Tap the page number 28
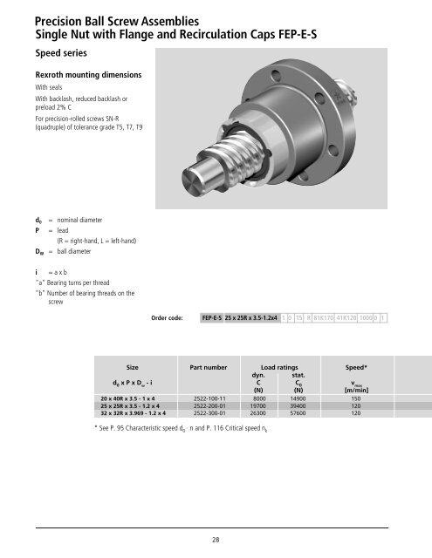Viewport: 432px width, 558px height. pyautogui.click(x=215, y=541)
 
